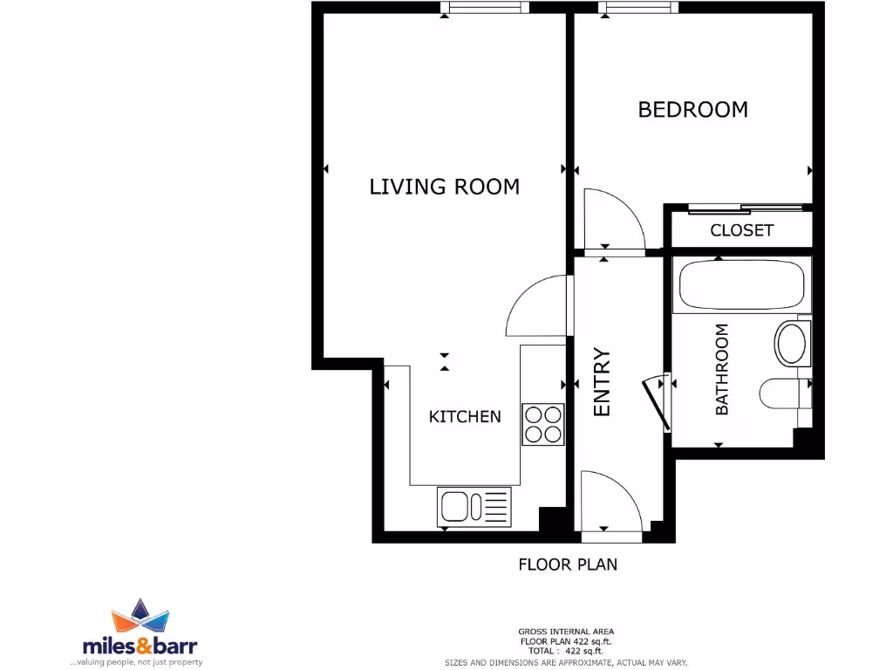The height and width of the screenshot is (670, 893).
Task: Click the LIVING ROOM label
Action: click(444, 187)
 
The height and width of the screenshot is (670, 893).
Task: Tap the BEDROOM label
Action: click(692, 110)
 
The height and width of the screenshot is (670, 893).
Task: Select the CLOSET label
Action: click(741, 230)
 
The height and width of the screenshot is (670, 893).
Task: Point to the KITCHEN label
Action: click(465, 417)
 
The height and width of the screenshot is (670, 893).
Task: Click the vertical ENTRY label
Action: click(602, 382)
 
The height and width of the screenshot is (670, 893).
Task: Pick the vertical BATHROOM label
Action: click(722, 369)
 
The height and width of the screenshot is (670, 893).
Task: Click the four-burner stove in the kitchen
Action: click(542, 425)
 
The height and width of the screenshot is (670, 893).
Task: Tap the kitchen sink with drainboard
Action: click(474, 507)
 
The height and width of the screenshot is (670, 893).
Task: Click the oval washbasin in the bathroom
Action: click(792, 343)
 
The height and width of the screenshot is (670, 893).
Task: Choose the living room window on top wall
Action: click(485, 8)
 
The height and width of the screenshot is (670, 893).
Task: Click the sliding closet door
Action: click(746, 209)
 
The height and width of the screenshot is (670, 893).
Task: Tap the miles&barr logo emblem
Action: click(140, 618)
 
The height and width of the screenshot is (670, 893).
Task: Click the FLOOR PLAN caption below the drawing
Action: click(568, 564)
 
